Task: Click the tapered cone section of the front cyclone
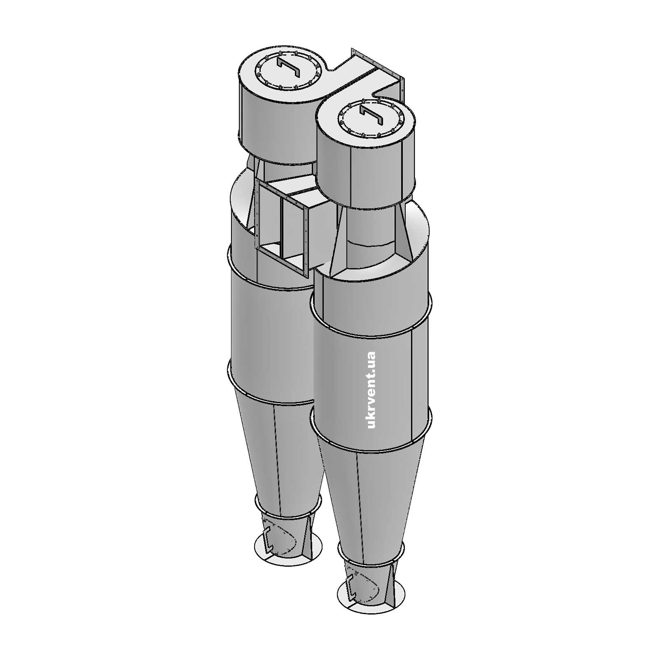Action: click(x=369, y=494)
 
